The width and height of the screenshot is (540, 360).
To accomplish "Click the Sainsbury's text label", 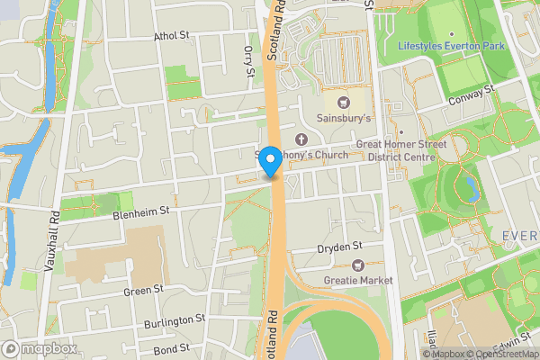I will pyautogui.click(x=345, y=118).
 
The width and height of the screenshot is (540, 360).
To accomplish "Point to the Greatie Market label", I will pyautogui.click(x=358, y=281).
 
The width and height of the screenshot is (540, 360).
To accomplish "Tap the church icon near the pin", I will pyautogui.click(x=301, y=139).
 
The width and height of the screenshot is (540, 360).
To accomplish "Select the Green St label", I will pyautogui.click(x=144, y=290).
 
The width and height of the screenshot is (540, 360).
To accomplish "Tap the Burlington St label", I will pyautogui.click(x=175, y=320).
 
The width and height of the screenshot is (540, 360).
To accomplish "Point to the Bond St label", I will pyautogui.click(x=171, y=347).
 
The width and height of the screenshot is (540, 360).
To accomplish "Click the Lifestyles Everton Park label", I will pyautogui.click(x=452, y=45).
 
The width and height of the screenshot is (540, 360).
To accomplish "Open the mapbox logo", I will pyautogui.click(x=39, y=348).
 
